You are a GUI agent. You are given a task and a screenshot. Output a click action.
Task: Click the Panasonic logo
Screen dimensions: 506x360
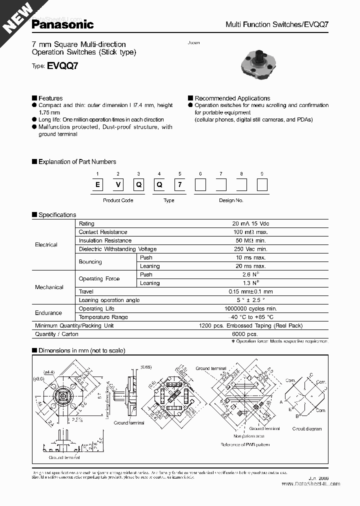click(62, 23)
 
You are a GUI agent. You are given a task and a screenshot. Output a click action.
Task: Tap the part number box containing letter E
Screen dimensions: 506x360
click(98, 184)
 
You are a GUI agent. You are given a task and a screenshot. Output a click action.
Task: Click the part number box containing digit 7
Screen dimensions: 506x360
click(179, 184)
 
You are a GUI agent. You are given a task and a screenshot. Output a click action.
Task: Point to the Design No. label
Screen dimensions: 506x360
click(231, 200)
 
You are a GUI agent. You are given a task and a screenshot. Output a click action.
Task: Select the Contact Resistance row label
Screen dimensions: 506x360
click(103, 232)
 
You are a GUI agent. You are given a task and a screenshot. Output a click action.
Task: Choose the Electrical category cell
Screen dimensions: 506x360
click(46, 244)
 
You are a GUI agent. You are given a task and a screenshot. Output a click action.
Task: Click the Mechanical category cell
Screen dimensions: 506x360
click(49, 287)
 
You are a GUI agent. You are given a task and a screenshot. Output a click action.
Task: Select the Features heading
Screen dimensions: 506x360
click(50, 98)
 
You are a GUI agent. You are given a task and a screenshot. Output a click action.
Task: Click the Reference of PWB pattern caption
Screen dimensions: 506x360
click(244, 444)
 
